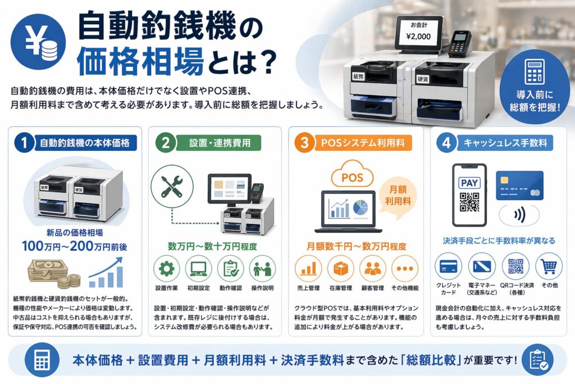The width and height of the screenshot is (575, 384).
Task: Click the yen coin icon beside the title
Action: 38,42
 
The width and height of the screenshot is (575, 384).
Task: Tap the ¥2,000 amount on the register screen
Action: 418,37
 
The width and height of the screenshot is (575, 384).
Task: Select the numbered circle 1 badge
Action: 24,142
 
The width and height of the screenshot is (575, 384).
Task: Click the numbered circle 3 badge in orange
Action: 304,142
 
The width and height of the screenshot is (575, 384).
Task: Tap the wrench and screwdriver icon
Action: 172,187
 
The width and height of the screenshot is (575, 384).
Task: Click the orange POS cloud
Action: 352,175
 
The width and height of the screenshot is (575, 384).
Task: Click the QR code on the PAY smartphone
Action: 469,201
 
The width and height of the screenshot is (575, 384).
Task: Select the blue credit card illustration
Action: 519,186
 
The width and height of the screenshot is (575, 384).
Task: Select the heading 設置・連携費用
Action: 220,142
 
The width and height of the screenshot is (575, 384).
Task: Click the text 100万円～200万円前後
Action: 75,246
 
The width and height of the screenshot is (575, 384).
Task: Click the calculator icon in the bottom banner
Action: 42,360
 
